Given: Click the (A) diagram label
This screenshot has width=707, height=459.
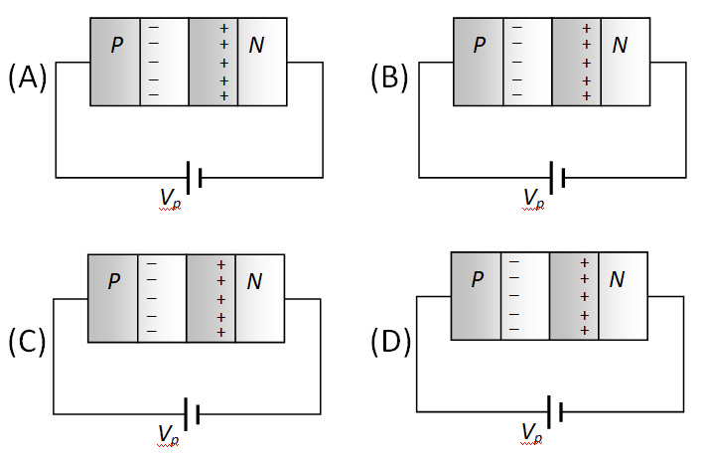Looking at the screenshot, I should tap(28, 77).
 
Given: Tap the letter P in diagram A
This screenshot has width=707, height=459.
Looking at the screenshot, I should tap(117, 46).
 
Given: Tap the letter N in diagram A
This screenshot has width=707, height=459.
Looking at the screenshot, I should tap(256, 46).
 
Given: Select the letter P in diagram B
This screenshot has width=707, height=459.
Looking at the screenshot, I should tap(481, 45).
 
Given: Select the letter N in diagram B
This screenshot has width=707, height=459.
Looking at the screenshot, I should tap(620, 45).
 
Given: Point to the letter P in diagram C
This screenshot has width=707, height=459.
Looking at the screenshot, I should tap(115, 282).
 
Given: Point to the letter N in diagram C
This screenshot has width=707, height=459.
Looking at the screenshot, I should tap(254, 282).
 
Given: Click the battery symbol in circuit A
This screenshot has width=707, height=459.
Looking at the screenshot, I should tap(194, 177).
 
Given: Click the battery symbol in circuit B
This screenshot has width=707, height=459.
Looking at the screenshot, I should tap(557, 177).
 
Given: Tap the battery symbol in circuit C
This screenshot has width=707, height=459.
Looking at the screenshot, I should tap(192, 412).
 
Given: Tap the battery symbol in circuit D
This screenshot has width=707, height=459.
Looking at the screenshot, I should tap(555, 410).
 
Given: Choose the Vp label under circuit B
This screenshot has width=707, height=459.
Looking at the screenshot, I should tap(534, 199).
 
